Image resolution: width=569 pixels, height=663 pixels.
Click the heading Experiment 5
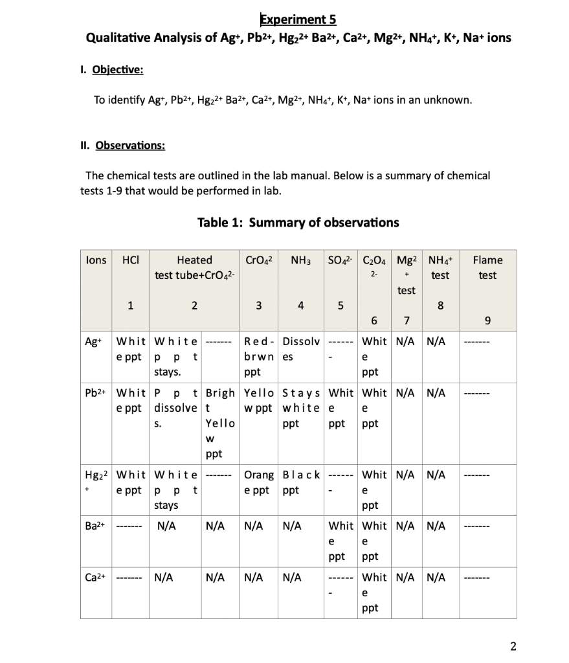pos(298,19)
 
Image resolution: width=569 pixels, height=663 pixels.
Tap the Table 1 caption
pos(298,223)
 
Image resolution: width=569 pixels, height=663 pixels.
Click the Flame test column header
pos(487,267)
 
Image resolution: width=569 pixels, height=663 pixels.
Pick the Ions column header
pos(96,260)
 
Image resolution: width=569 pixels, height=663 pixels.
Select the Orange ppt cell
pos(260,483)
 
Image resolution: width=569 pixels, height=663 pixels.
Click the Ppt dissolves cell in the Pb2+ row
pos(175,409)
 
